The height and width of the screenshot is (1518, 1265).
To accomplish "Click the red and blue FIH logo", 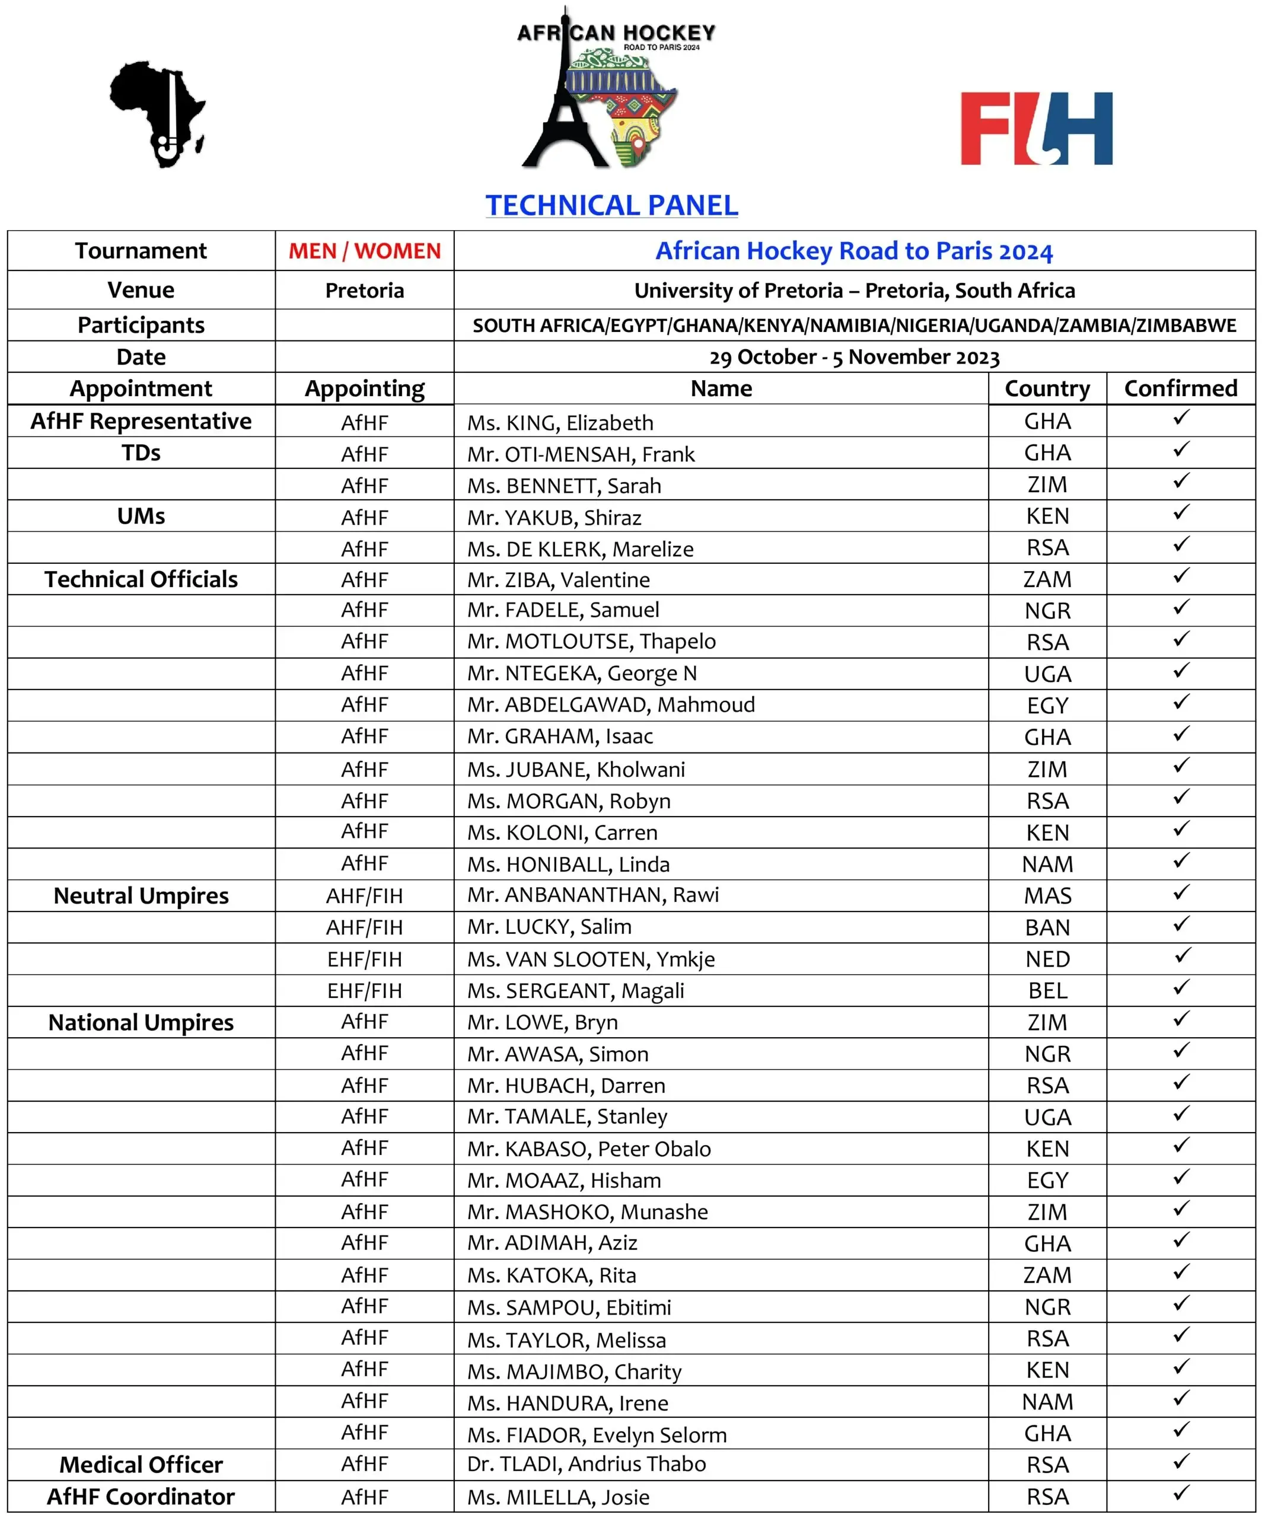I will pos(1036,129).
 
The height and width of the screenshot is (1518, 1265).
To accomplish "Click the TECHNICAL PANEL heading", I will pos(611,205).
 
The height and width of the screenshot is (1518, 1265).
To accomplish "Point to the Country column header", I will pos(1047,388).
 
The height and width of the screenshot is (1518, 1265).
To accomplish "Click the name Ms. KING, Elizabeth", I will pos(560,422).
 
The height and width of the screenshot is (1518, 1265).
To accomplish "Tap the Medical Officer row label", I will pos(141,1465).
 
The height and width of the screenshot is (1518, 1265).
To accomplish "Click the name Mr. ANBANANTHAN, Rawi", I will pos(592,895).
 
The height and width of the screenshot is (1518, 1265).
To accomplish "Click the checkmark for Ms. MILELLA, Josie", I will pos(1181,1494).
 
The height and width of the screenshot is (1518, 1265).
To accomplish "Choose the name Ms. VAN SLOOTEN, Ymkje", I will pos(591,959).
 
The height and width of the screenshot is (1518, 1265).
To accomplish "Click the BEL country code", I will pos(1047,990).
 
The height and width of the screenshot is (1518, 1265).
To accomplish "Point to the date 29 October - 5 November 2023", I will pos(855,357).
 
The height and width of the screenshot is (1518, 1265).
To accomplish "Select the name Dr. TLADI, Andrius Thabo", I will pos(586,1464).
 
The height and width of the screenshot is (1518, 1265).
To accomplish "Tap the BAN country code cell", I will pos(1047,927).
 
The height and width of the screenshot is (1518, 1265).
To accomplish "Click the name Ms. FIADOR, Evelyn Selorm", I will pos(597,1435).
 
